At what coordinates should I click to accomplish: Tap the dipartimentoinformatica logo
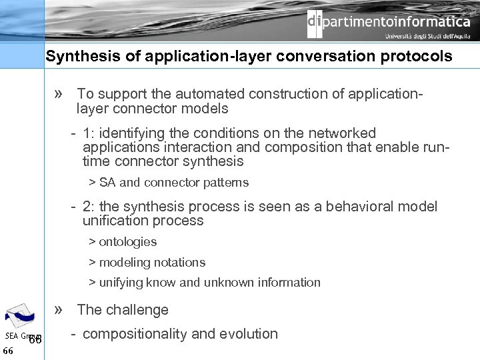tap(389, 22)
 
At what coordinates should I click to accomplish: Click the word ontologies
tap(127, 242)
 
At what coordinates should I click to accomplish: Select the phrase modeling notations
tap(152, 263)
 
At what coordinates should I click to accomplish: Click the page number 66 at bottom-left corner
tap(8, 351)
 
